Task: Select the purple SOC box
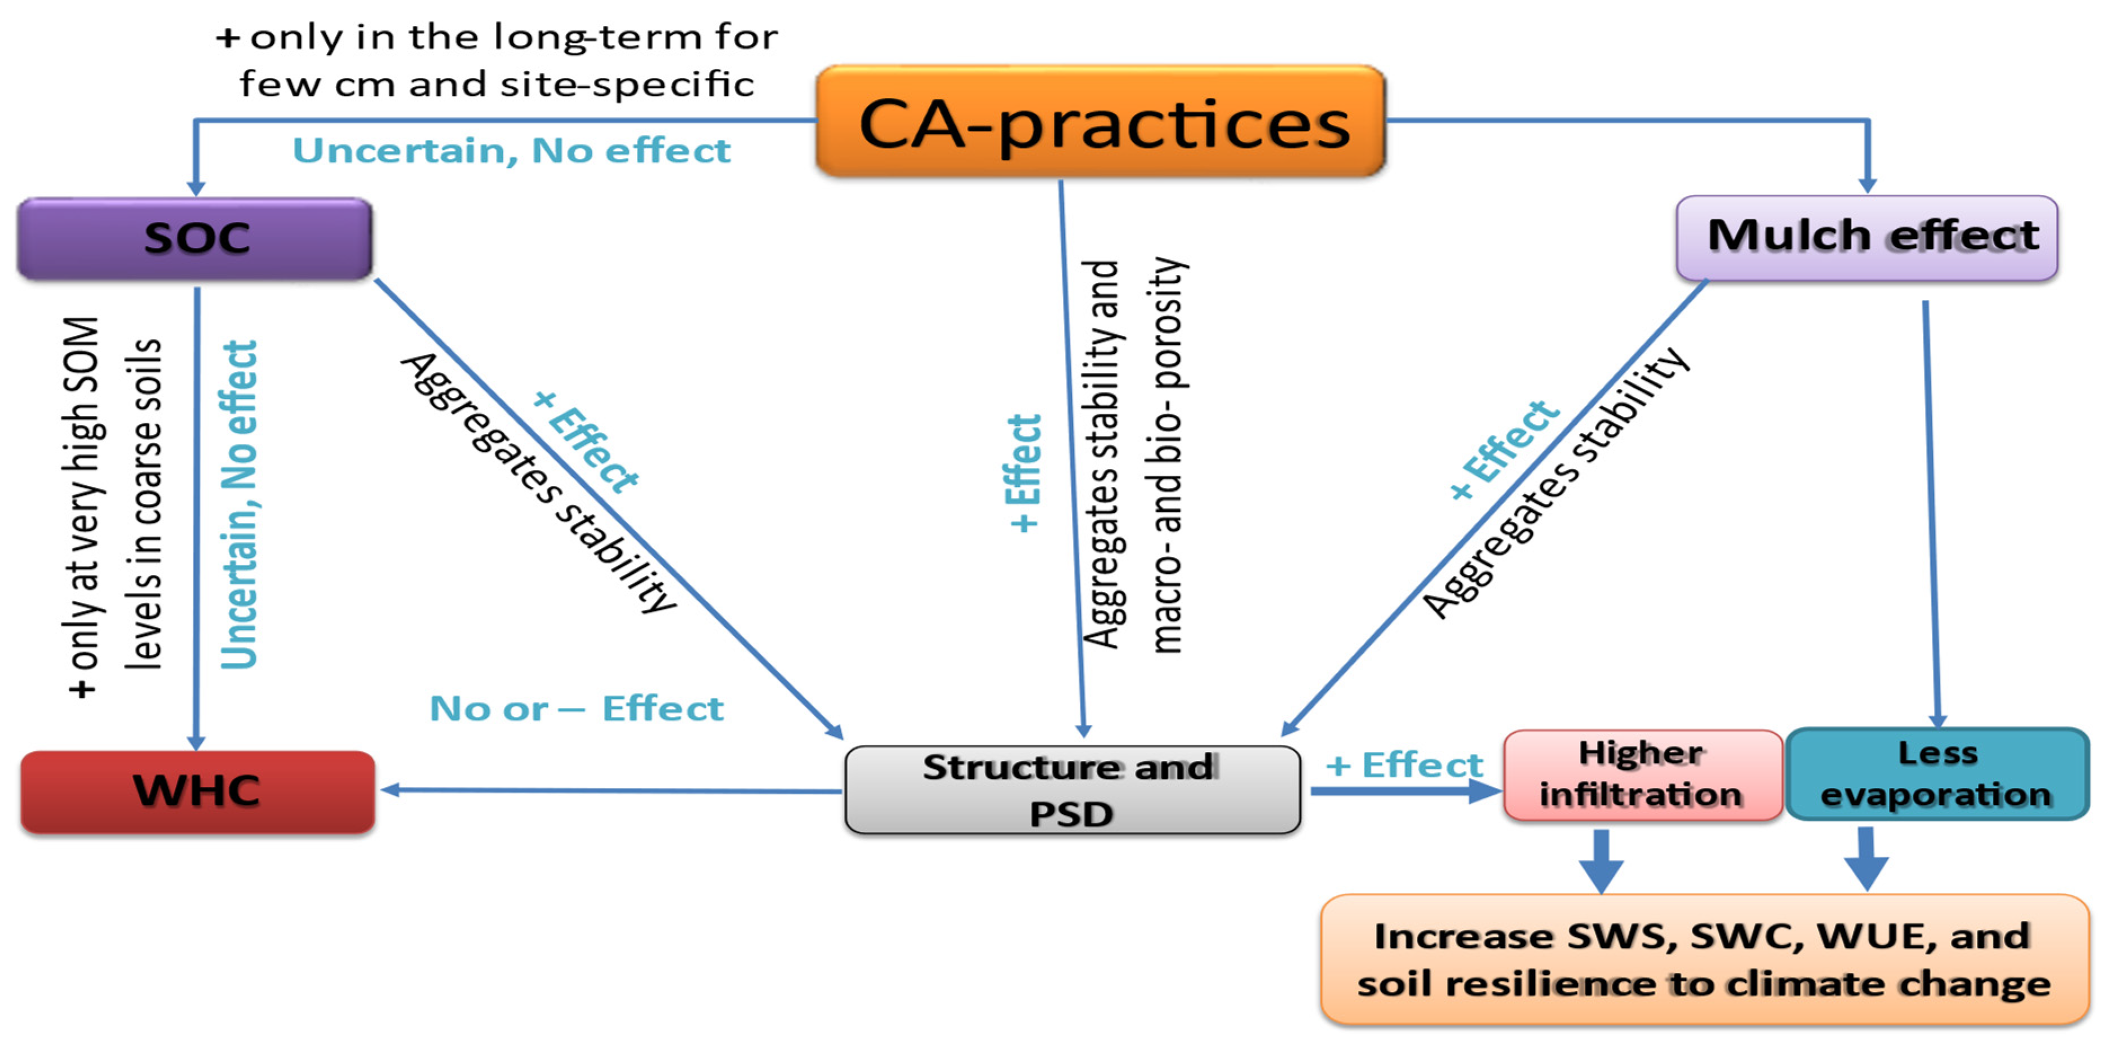tap(195, 238)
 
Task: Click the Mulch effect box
tap(1867, 238)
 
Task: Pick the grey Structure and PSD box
tap(1072, 790)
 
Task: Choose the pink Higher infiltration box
tap(1642, 774)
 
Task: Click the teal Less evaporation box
tap(1936, 774)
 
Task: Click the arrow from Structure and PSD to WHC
tap(610, 790)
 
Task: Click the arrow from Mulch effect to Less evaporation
tap(1932, 508)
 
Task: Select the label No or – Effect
tap(576, 709)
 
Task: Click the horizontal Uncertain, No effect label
tap(511, 151)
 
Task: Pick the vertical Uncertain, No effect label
tap(240, 504)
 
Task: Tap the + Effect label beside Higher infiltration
tap(1404, 765)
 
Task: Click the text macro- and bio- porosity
tap(1167, 455)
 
